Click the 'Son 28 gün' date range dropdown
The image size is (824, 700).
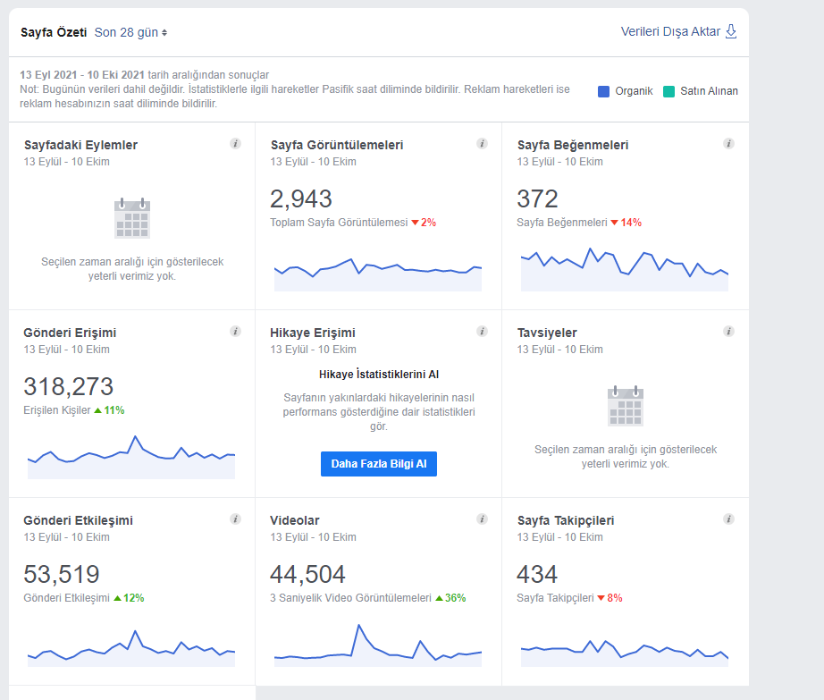(x=130, y=32)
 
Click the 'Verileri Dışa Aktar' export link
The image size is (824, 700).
(x=678, y=31)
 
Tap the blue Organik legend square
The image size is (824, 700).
(x=603, y=91)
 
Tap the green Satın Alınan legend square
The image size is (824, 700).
(x=668, y=91)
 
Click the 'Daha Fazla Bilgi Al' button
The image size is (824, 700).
(x=378, y=464)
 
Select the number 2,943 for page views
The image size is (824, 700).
(x=300, y=199)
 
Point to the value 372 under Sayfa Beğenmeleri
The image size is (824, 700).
(x=537, y=199)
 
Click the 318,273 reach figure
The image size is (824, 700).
(x=68, y=387)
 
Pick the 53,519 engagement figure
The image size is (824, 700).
(x=62, y=575)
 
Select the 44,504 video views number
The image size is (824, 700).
(x=307, y=575)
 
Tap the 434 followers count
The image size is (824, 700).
(x=536, y=575)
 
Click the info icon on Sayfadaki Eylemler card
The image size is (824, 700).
(x=235, y=143)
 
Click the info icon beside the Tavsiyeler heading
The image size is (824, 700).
(x=728, y=331)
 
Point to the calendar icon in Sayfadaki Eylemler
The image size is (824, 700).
(x=132, y=218)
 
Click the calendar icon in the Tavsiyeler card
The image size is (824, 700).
(x=626, y=406)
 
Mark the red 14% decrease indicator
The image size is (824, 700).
(x=626, y=223)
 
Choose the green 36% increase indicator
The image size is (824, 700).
(x=450, y=598)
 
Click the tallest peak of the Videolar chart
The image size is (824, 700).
(x=359, y=625)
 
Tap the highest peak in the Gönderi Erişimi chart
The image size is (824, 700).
(x=135, y=436)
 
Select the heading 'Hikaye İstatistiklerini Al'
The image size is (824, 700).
(x=378, y=375)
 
